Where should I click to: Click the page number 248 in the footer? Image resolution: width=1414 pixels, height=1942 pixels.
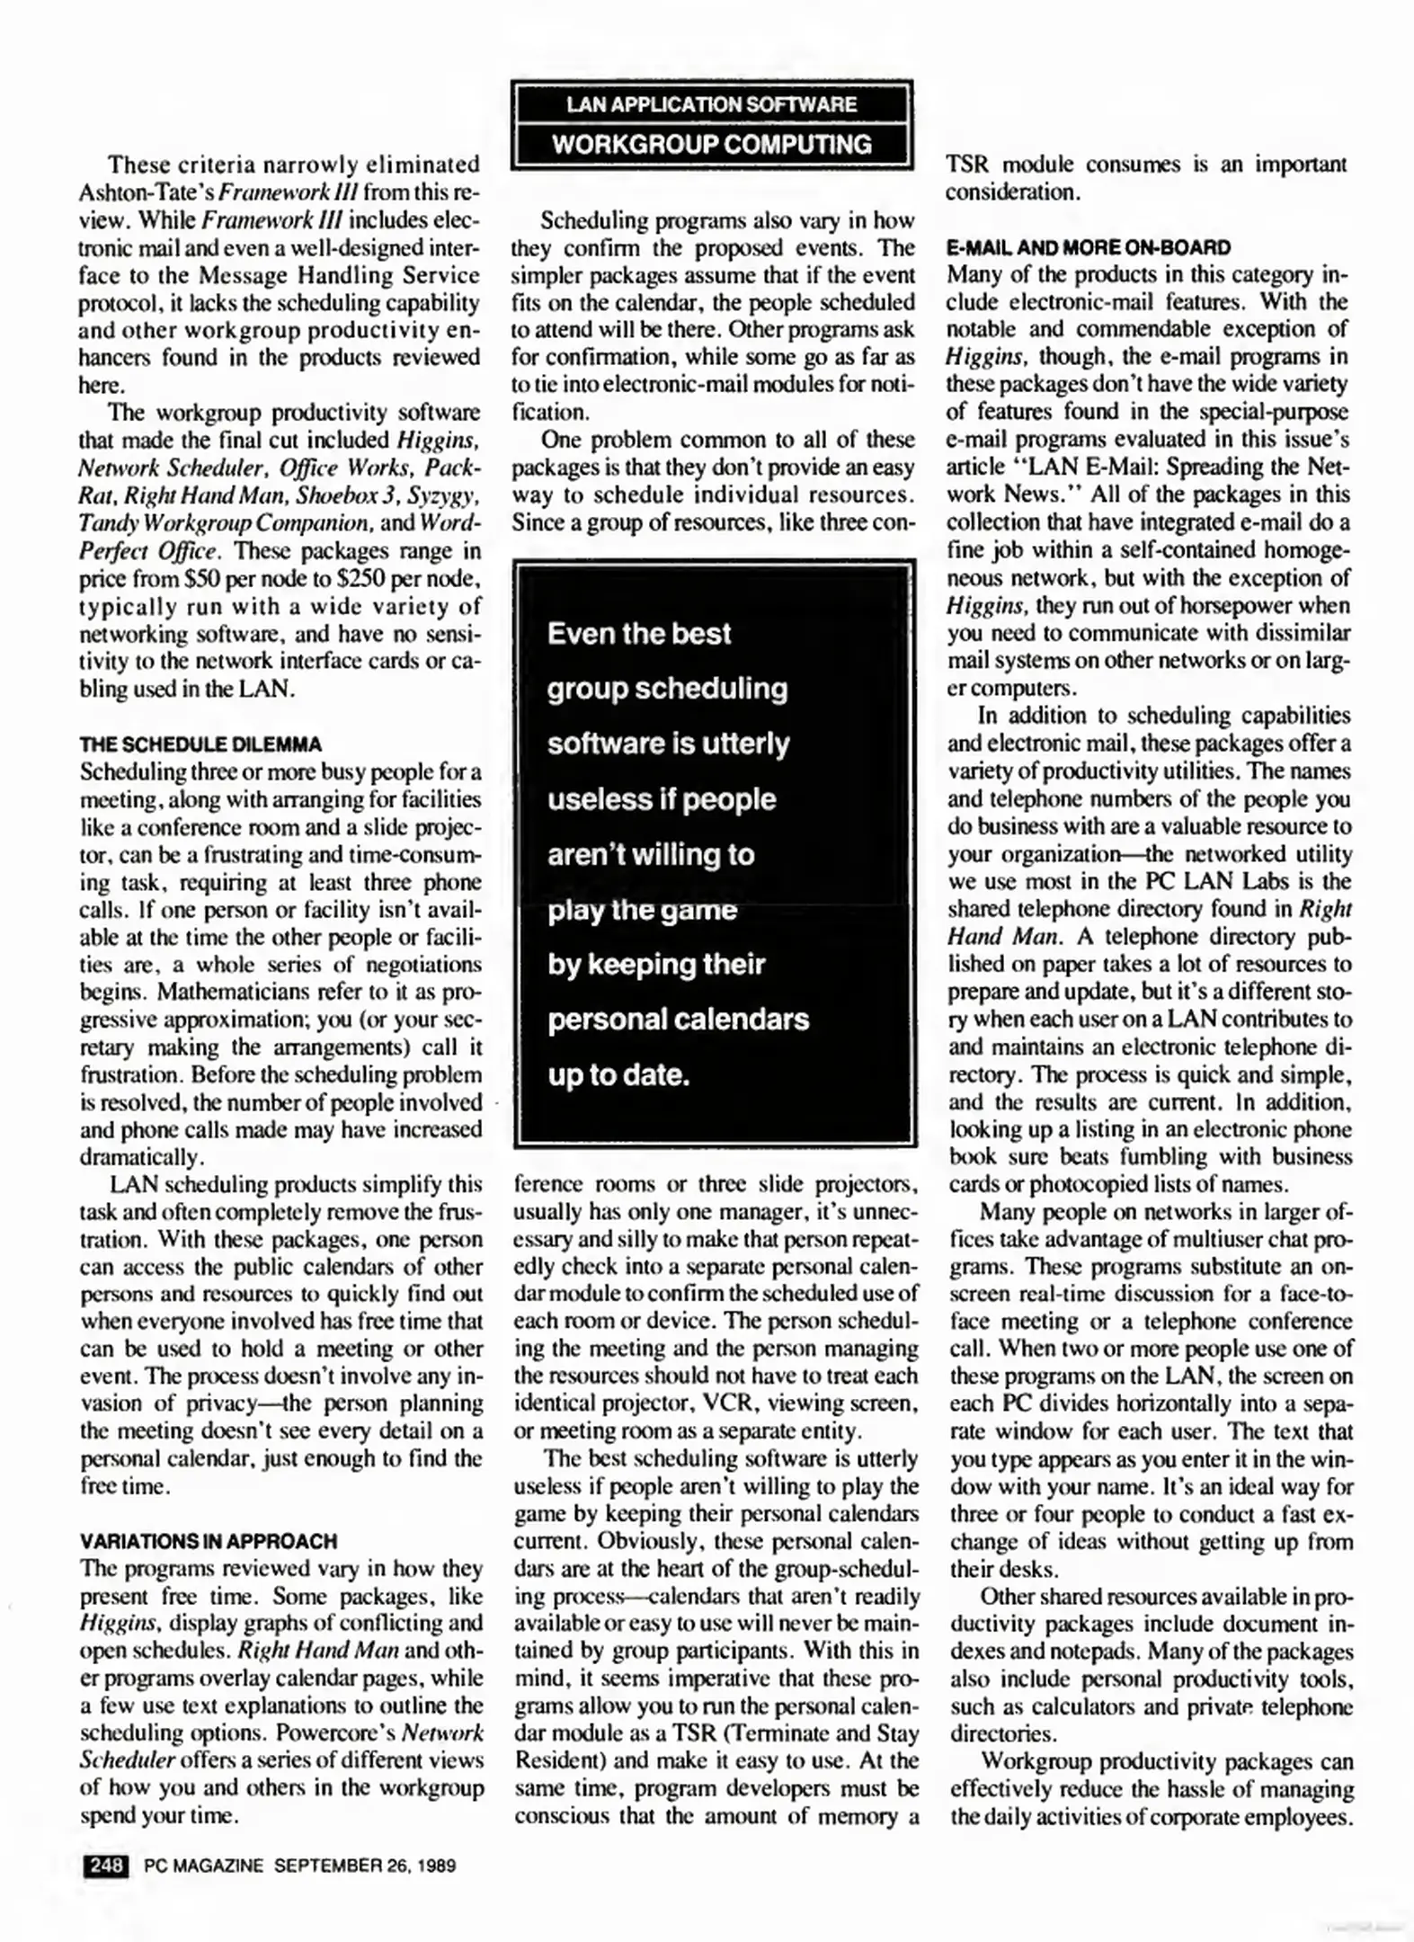pos(106,1865)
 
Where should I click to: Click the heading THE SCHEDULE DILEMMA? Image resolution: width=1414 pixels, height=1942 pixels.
pos(200,744)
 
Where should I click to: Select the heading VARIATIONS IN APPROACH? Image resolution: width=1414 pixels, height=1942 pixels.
pos(208,1541)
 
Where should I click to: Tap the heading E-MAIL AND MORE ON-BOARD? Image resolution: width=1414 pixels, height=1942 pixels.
pos(1089,247)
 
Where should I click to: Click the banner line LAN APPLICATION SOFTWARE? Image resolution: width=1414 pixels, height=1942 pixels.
pos(711,104)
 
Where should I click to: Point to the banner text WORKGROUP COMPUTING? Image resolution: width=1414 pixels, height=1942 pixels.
pos(711,144)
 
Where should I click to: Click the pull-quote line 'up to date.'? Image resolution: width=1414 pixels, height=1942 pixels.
pos(618,1075)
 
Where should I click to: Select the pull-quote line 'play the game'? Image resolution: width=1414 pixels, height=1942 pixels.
pos(642,910)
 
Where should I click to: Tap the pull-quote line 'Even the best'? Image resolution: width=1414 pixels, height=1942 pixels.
pos(639,634)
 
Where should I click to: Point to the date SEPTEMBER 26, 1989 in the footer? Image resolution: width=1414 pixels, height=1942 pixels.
pos(364,1866)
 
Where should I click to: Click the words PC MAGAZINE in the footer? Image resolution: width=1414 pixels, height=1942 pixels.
pos(203,1866)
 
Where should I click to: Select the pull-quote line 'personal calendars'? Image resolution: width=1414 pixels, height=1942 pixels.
pos(679,1020)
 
